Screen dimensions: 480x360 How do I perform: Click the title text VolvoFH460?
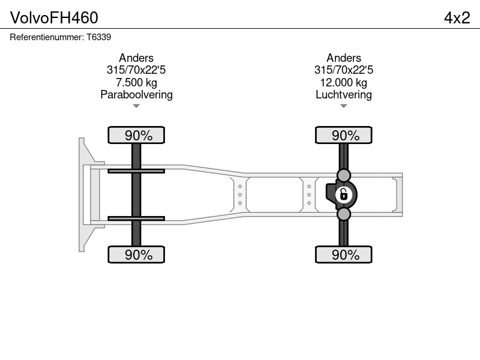[x=54, y=18]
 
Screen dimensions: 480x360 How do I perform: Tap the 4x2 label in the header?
[x=457, y=18]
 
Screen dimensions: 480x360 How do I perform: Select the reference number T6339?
[x=98, y=37]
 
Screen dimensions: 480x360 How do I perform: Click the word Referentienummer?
[x=47, y=37]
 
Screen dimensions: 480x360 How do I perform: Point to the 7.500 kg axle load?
[x=136, y=82]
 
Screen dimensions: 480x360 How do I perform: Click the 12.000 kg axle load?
[x=343, y=82]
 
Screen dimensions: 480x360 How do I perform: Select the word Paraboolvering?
[x=136, y=95]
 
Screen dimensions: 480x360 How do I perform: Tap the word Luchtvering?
[x=343, y=95]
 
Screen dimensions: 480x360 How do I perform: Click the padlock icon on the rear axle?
[x=343, y=194]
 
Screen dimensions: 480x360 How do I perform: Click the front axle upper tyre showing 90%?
[x=136, y=135]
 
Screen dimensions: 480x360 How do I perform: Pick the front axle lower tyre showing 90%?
[x=136, y=254]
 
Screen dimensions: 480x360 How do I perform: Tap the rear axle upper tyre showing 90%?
[x=343, y=135]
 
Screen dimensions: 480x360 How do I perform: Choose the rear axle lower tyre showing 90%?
[x=343, y=254]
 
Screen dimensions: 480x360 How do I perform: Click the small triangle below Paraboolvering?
[x=136, y=106]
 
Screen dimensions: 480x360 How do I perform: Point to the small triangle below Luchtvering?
[x=343, y=106]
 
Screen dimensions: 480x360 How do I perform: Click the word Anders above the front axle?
[x=136, y=58]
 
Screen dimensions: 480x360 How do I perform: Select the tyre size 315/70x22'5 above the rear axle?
[x=343, y=70]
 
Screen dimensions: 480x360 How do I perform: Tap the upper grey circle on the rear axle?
[x=343, y=175]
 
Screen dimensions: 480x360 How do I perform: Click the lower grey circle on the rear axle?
[x=343, y=214]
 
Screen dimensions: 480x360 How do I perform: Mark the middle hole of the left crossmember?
[x=239, y=194]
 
